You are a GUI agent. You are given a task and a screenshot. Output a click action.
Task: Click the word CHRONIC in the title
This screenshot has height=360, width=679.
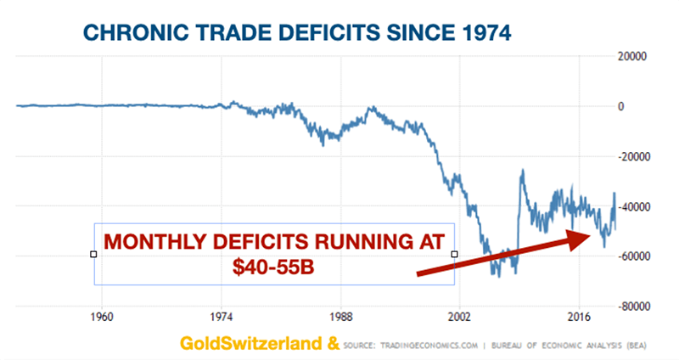137,35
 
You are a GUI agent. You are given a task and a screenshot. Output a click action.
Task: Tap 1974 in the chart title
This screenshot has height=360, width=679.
480,35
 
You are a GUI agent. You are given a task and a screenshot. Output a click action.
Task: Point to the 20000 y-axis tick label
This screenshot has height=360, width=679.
633,57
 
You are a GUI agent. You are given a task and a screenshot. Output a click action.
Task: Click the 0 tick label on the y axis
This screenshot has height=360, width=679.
621,107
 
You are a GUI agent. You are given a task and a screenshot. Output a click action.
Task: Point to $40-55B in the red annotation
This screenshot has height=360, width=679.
273,267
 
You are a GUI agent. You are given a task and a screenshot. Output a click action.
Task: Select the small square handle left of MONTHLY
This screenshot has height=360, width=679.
93,254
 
